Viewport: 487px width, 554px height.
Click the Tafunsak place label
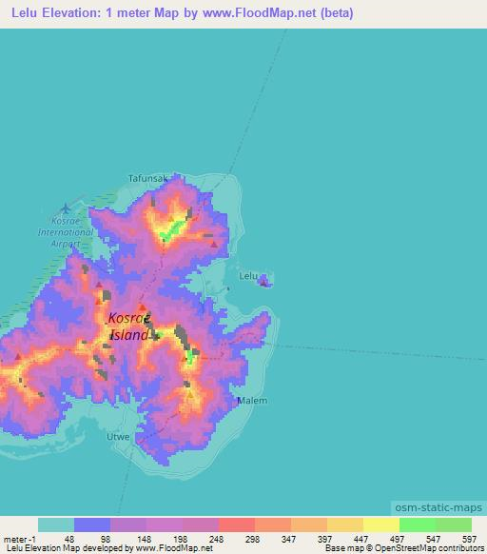(147, 178)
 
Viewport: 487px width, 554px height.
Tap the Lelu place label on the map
(248, 276)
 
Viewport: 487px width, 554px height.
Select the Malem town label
(252, 401)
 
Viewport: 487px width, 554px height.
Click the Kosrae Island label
(128, 326)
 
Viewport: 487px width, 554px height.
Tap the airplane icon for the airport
(65, 208)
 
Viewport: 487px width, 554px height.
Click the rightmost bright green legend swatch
(453, 524)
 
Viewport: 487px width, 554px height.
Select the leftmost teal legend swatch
(55, 524)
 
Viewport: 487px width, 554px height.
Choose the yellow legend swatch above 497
(380, 524)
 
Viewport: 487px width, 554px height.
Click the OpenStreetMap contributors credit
(433, 548)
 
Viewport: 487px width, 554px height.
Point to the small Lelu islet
(266, 280)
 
